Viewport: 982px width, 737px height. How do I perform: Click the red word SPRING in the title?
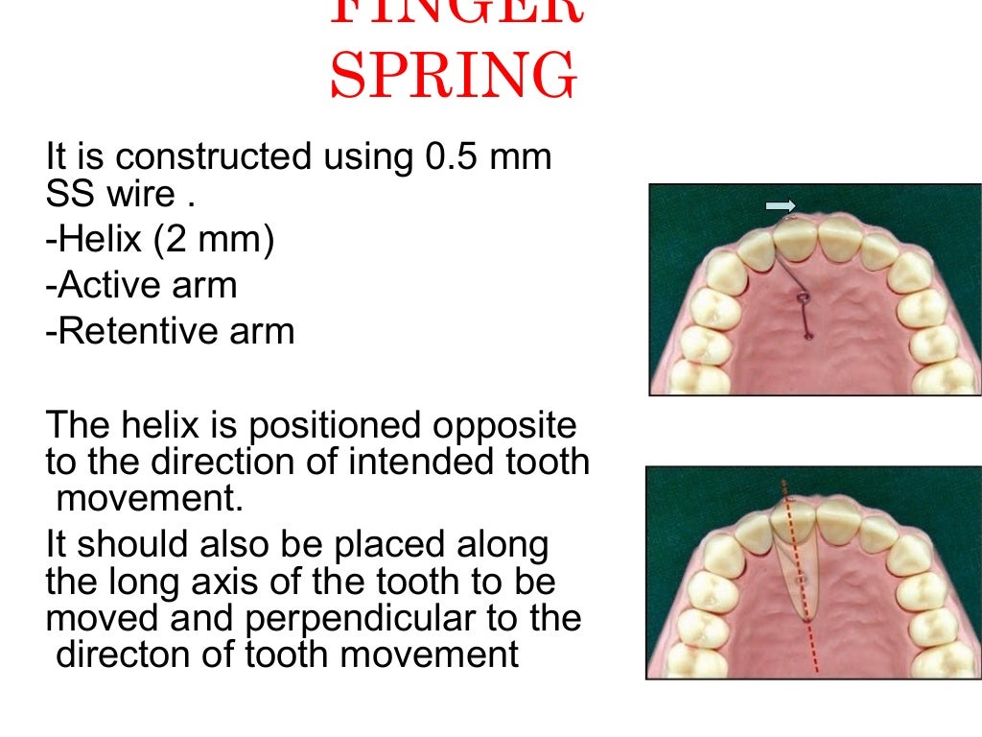click(454, 77)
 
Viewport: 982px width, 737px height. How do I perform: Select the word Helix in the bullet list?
click(94, 240)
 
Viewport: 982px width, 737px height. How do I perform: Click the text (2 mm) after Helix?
click(211, 240)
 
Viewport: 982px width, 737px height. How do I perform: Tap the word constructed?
click(204, 156)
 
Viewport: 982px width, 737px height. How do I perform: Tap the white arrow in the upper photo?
click(781, 205)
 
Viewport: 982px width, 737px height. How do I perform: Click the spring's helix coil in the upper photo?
click(802, 300)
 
